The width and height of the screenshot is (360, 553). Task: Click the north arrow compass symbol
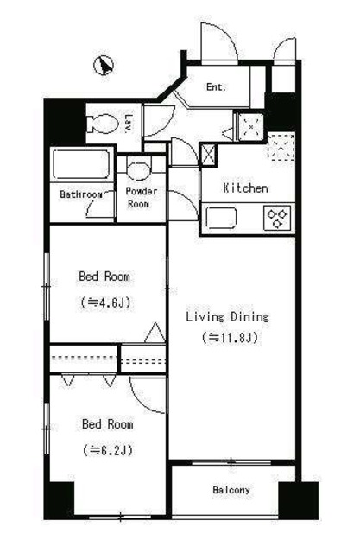coord(104,66)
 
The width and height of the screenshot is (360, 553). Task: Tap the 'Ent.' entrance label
coord(216,86)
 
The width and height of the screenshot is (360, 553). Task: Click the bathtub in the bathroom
coord(81,165)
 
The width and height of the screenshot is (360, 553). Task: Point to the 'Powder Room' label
coord(142,198)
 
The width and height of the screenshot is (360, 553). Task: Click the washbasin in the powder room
coord(139,171)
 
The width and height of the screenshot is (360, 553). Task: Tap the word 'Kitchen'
coord(245,188)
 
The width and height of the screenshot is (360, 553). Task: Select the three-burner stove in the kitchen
coord(278,218)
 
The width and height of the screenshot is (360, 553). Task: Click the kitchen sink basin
coord(221,218)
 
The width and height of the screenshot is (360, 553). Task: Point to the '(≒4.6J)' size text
coord(105,302)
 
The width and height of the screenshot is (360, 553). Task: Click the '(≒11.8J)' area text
coord(230,338)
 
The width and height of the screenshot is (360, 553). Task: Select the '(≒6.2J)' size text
coord(107,449)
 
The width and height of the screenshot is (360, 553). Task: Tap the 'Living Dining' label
coord(228,317)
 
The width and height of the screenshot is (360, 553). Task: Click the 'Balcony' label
coord(231,490)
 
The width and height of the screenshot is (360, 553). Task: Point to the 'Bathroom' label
coord(80,194)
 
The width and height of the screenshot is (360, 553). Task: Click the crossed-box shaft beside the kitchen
coord(208,155)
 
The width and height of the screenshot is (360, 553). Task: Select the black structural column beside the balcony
coord(298,500)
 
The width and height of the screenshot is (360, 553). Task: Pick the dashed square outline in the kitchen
coord(281,146)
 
